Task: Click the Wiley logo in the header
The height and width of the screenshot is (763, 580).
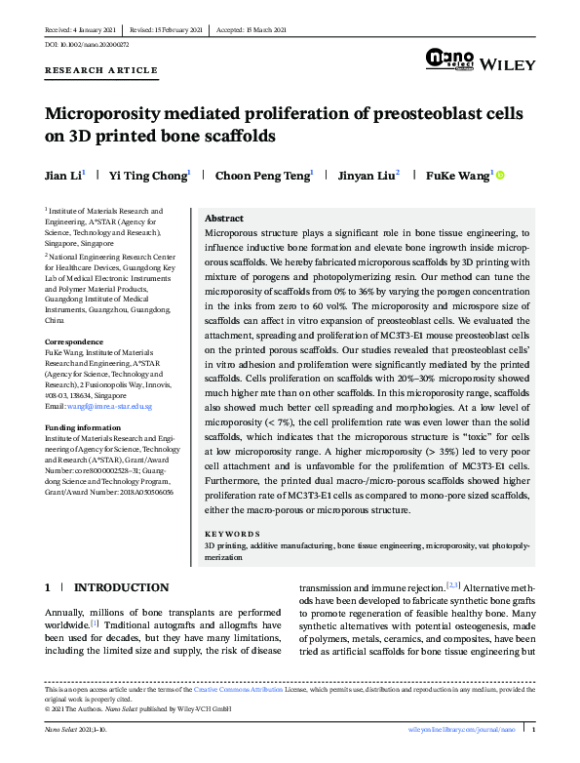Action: tap(509, 64)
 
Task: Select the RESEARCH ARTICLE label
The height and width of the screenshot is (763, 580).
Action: tap(100, 71)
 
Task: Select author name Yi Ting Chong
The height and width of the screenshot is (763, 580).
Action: tap(152, 176)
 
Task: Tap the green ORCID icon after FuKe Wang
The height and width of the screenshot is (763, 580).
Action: tap(501, 176)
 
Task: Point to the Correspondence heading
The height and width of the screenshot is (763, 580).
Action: tap(75, 341)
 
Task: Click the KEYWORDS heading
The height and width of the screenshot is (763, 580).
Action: tap(232, 535)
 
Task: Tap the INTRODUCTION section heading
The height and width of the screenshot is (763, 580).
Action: tap(121, 587)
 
